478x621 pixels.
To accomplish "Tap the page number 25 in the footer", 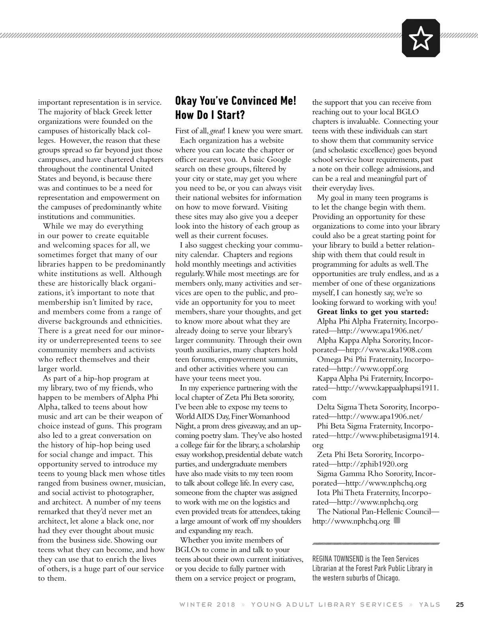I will point(460,604).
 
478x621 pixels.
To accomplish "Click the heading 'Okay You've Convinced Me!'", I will point(236,100).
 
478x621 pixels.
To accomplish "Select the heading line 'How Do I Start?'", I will point(210,116).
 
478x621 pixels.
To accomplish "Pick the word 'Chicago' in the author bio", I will point(385,578).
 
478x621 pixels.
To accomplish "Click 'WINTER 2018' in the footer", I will point(207,605).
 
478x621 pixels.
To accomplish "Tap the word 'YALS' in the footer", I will point(429,605).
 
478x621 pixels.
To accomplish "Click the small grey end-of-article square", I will point(396,521).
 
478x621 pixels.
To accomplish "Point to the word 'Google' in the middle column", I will point(279,159).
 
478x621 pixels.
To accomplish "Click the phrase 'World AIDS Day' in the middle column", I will point(197,417).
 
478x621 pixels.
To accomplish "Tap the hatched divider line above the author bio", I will point(376,543).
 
